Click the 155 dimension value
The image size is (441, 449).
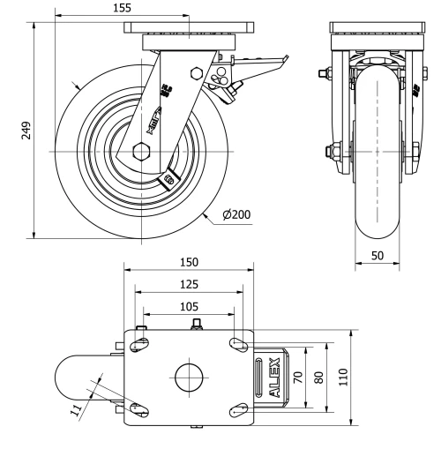123,7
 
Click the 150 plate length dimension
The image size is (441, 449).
189,263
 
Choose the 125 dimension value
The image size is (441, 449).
189,284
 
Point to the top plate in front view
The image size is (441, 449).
378,28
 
